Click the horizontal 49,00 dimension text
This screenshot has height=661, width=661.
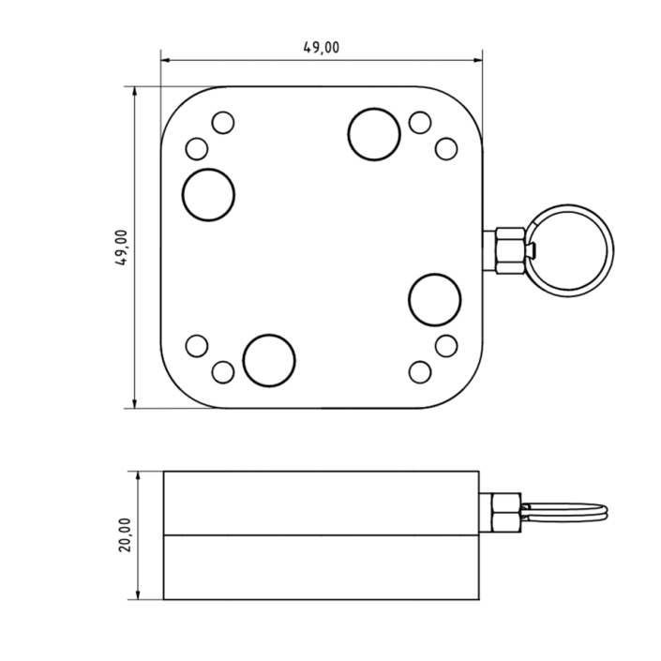click(322, 48)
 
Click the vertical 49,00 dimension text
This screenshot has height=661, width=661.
click(121, 248)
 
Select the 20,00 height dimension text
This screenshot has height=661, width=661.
click(125, 535)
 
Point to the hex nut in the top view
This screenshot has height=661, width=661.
click(510, 251)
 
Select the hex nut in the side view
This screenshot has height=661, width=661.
click(506, 513)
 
